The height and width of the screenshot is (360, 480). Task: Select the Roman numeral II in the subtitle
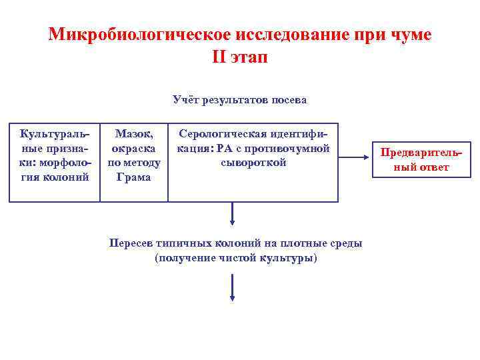point(220,57)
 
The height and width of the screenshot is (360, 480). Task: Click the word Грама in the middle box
point(133,177)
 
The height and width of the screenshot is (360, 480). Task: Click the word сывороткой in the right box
point(253,163)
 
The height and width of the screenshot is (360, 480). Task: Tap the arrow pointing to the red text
point(353,159)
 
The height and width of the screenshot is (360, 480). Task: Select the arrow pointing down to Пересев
point(232,213)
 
